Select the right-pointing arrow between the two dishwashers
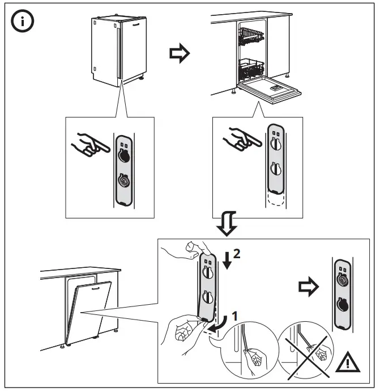[180, 54]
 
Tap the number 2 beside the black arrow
[237, 255]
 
